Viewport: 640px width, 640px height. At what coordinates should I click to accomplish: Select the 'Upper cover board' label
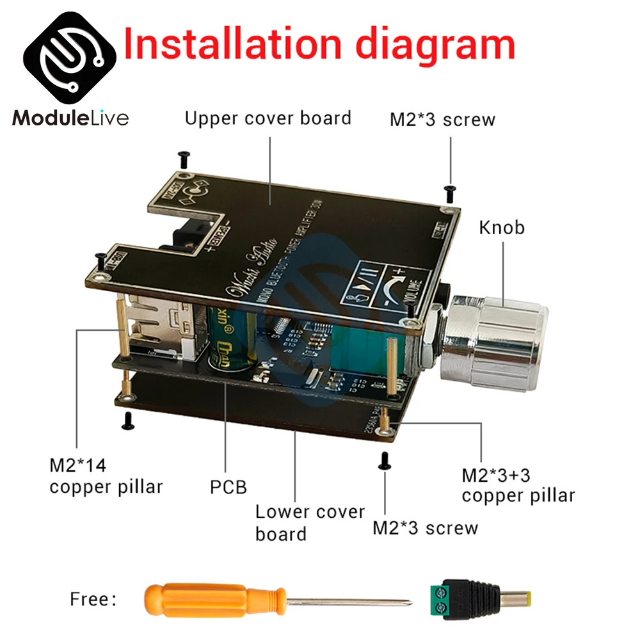coord(268,118)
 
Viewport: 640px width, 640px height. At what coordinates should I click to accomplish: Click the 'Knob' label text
coord(501,227)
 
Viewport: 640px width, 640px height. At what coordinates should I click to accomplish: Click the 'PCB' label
coord(228,487)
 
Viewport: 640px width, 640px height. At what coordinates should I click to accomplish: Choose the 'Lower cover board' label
coord(310,522)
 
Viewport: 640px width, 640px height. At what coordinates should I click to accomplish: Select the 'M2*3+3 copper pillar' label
coord(518,485)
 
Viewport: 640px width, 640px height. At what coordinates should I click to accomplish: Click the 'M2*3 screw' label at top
coord(442,120)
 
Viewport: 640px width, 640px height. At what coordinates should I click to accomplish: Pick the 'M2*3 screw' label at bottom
coord(426,528)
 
